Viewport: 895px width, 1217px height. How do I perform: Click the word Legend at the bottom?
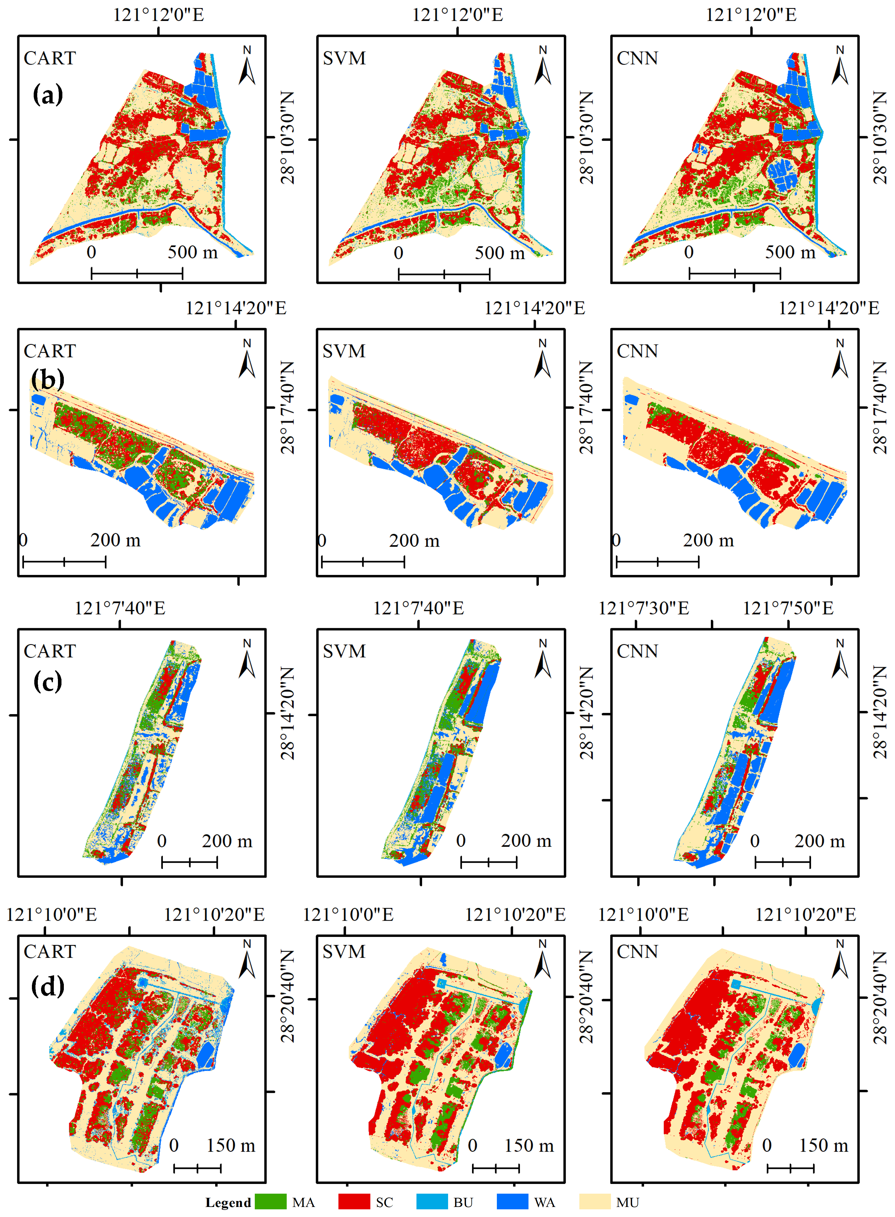228,1203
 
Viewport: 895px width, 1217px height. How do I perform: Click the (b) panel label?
48,379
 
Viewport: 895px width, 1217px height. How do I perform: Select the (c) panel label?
48,681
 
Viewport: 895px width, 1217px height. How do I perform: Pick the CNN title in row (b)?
637,351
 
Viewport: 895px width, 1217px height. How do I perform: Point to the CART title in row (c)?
50,651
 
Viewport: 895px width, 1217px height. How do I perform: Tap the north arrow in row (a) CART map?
247,66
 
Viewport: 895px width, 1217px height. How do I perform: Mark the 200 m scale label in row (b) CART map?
115,540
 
